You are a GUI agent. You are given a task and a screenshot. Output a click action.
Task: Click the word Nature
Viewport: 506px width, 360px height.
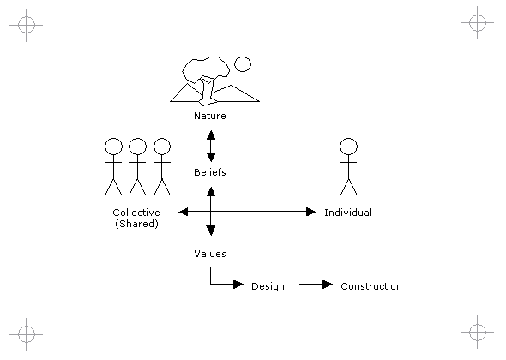(210, 116)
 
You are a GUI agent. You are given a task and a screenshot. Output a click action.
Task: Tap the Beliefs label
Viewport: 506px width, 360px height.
(210, 172)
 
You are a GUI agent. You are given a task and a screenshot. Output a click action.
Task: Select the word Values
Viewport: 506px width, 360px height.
(210, 254)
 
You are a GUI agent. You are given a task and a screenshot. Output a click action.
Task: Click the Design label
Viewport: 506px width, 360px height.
(268, 287)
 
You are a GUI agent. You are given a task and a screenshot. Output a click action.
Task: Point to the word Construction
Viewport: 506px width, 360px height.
(371, 286)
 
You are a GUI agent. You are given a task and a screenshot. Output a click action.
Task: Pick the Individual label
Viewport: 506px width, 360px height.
(348, 213)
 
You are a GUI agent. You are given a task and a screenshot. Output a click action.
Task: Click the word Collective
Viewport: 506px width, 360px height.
(136, 213)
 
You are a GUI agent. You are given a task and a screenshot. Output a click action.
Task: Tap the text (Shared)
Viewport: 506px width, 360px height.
(136, 224)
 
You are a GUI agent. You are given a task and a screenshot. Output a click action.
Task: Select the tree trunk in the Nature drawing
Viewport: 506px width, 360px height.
(207, 92)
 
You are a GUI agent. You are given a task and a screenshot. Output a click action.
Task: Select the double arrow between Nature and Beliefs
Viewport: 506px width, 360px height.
(211, 146)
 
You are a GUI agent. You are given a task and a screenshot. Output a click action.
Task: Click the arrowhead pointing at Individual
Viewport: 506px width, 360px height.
(310, 212)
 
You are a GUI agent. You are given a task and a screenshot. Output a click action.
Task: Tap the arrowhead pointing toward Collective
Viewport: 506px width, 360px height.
(184, 212)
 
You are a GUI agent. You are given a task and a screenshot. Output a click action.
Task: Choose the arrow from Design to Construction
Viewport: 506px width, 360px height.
(316, 285)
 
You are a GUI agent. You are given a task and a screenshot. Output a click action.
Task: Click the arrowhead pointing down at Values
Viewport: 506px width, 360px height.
(211, 231)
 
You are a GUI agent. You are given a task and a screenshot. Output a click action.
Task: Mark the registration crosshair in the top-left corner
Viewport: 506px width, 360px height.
(26, 25)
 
